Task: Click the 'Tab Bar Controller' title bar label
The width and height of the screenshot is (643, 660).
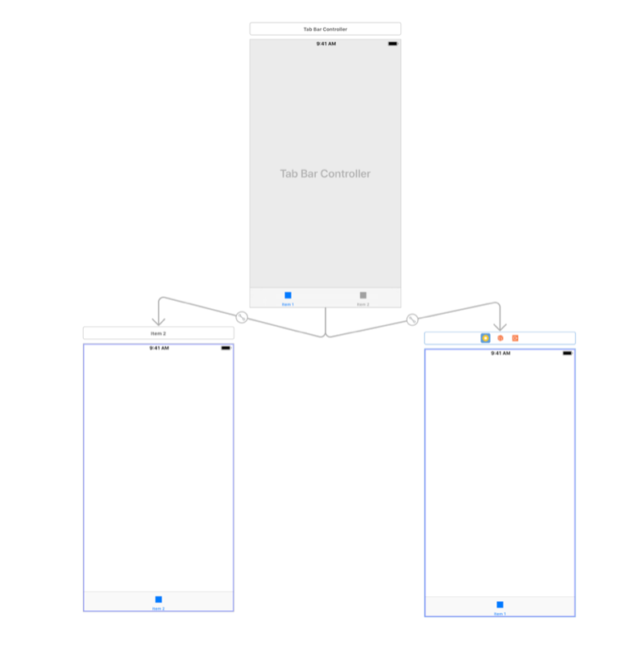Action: point(325,29)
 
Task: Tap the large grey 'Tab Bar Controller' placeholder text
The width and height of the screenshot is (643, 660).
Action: point(325,173)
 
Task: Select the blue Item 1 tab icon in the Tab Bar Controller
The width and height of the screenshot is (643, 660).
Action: point(288,295)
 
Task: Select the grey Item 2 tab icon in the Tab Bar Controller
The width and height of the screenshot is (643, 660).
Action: point(363,295)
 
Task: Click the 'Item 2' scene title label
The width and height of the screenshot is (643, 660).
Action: point(158,332)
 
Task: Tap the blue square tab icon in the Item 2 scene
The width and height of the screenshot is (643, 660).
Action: point(159,599)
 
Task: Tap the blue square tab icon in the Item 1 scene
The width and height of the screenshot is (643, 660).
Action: point(500,604)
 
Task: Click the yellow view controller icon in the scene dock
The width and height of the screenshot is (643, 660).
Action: point(485,338)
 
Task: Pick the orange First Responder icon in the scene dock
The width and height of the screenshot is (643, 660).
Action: point(500,338)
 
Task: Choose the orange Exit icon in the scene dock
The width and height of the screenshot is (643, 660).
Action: point(515,338)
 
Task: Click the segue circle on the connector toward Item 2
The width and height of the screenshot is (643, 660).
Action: point(240,317)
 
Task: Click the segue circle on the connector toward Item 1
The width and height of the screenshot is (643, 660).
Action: point(413,320)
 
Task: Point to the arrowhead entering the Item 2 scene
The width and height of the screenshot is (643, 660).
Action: point(159,321)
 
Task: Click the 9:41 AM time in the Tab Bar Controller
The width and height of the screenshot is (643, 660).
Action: point(326,44)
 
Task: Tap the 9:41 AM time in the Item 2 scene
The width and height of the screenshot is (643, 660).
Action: point(159,348)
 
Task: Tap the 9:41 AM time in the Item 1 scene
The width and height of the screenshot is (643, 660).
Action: point(500,353)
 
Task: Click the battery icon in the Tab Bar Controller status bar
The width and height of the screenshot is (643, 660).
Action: point(392,44)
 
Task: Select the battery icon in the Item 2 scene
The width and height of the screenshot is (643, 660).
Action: point(226,348)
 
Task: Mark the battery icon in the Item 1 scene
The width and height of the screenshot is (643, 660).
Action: point(566,353)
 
